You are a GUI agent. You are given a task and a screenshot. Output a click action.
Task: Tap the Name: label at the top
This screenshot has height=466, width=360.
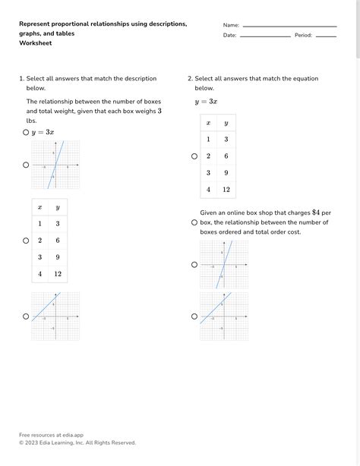coord(231,25)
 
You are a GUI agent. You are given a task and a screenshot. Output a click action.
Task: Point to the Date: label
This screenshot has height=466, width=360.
coord(229,36)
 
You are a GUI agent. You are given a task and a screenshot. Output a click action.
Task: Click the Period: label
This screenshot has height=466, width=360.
coord(303,36)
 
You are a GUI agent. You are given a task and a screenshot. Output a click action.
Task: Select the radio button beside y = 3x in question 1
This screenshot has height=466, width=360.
coord(26,132)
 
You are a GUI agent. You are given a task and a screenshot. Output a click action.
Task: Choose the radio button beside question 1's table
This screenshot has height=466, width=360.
coord(26,241)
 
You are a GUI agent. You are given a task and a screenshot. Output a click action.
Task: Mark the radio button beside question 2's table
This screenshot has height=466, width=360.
coord(194,156)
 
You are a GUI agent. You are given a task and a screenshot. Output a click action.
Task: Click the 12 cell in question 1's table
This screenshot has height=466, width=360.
coord(58,274)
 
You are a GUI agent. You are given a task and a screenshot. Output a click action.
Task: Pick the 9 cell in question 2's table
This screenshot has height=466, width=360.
coord(226,172)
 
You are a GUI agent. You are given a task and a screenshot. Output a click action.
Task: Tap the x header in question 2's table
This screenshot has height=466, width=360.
coord(209,123)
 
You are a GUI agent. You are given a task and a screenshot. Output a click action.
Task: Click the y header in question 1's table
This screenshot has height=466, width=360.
coord(58,207)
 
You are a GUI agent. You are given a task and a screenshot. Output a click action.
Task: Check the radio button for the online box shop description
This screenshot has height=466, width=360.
coord(194,222)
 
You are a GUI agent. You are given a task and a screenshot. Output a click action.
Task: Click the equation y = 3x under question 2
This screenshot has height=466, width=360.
coord(206,102)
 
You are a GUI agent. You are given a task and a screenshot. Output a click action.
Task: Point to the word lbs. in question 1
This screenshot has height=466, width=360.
coord(32,121)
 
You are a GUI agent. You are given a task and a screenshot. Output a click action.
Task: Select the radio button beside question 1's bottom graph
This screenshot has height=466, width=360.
coord(26,316)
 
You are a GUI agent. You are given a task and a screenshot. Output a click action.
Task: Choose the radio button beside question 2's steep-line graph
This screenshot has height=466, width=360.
coord(194,265)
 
